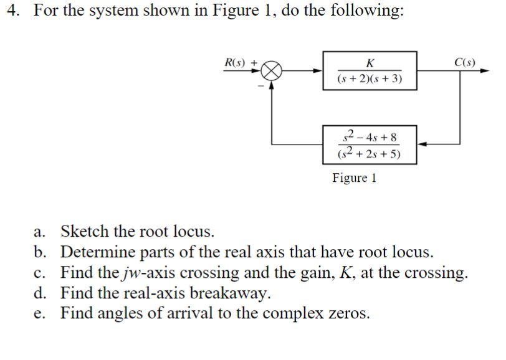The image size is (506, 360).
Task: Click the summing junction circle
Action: coord(271,72)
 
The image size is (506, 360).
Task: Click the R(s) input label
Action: coord(236,62)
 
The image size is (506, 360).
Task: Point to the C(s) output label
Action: coord(465,62)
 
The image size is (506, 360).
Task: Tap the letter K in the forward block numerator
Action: coord(370,63)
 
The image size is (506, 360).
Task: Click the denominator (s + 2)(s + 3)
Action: coord(370,80)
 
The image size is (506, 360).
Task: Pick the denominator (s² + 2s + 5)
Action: coord(370,153)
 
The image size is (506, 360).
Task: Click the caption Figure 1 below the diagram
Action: coord(354,178)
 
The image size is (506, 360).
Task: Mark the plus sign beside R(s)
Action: coord(254,62)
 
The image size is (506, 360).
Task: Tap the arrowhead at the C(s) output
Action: coord(485,72)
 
